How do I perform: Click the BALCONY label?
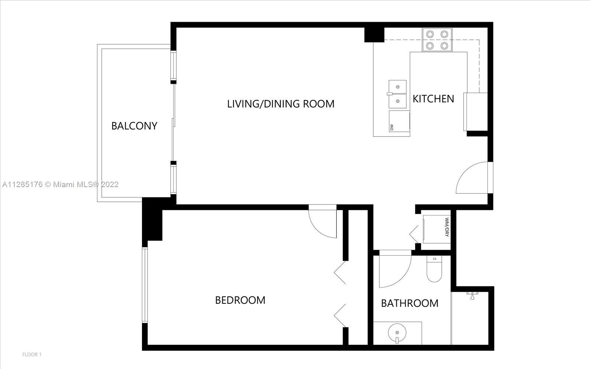pos(134,126)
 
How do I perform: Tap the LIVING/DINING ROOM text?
pos(281,104)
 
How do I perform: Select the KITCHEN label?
pos(433,99)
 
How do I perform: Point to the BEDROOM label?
pos(240,300)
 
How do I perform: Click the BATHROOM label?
pos(410,303)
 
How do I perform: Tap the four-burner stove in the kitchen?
pos(437,40)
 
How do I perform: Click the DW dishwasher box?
pos(399,121)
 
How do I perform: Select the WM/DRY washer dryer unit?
pos(437,229)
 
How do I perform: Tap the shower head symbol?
pos(472,296)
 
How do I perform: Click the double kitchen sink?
pos(398,94)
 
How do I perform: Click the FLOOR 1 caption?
pos(32,355)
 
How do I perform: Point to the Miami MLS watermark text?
pos(60,184)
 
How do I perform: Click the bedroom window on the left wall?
pos(145,285)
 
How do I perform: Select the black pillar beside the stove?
pos(374,35)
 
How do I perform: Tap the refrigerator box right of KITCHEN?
pos(476,112)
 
